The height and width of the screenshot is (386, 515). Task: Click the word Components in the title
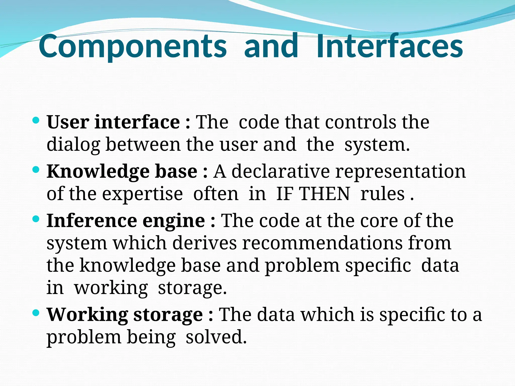pos(133,47)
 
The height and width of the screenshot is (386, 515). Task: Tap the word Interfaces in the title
pos(390,47)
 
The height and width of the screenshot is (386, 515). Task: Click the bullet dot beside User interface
pos(36,120)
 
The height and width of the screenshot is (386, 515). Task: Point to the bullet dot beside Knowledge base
pos(36,170)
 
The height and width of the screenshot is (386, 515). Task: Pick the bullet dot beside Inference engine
pos(36,219)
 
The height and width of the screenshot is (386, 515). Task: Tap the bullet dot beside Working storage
pos(36,313)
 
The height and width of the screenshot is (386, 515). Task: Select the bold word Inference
pos(92,221)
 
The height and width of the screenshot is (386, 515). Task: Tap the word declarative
pos(280,171)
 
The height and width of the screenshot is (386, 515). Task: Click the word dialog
pos(73,145)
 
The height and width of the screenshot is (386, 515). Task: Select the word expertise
pos(142,194)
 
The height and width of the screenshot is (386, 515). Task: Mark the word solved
pos(216,337)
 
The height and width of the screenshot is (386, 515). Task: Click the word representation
pos(400,171)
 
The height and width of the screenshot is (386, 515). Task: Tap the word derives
pos(204,243)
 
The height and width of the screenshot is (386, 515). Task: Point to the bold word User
pos(68,122)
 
